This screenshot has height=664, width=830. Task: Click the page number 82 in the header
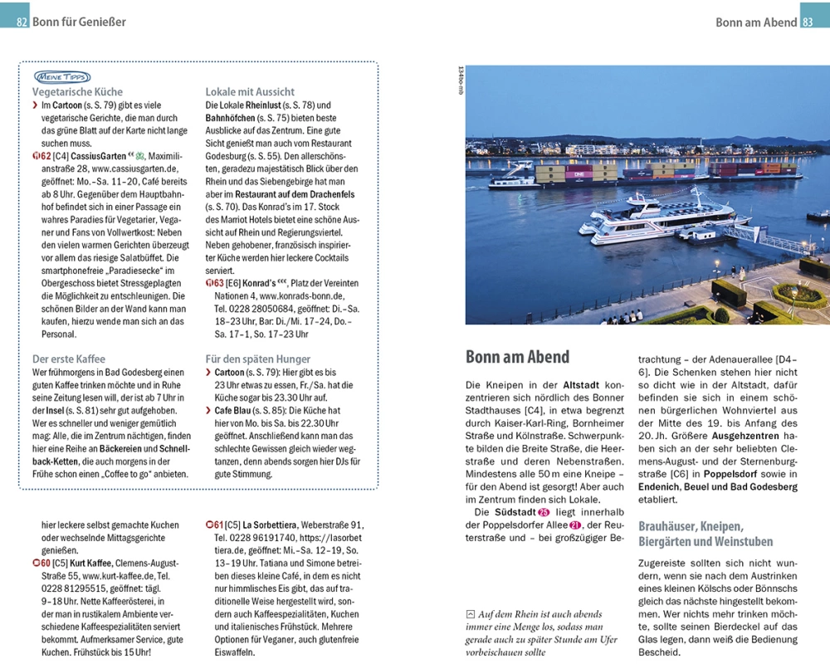coord(22,22)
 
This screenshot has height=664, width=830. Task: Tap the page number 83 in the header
coord(808,22)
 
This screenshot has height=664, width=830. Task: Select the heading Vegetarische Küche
coord(77,92)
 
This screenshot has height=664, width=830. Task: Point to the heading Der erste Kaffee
coord(68,359)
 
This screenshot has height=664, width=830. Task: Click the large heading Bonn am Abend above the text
coord(517,357)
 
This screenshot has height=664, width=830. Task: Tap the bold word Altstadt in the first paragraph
coord(582,386)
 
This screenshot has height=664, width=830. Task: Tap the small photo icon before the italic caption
coord(471,614)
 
